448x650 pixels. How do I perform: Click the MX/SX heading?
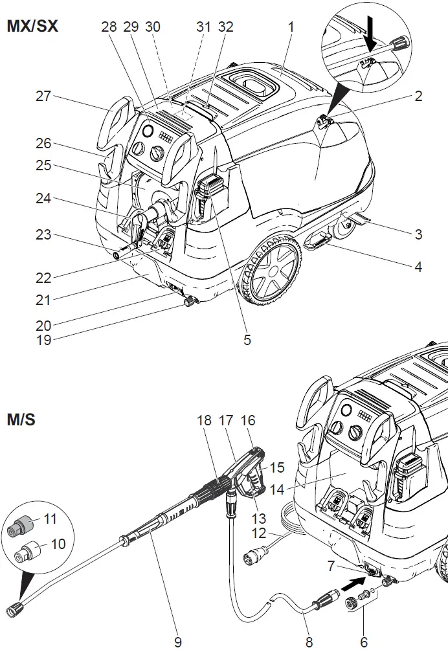coord(32,28)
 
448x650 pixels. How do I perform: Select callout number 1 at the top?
coord(291,27)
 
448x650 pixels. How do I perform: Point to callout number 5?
coord(247,339)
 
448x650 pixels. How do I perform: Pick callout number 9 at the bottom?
coord(178,642)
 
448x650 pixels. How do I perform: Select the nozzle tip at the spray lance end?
coord(15,609)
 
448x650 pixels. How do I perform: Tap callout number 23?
coord(43,236)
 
